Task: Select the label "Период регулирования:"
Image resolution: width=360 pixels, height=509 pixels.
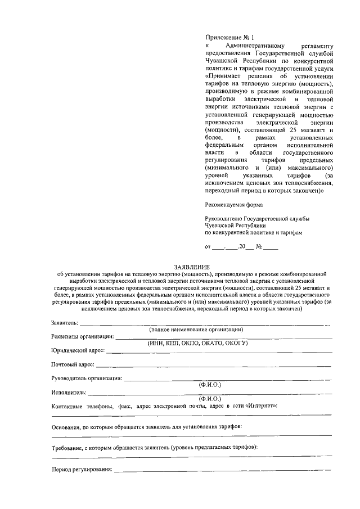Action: (x=82, y=469)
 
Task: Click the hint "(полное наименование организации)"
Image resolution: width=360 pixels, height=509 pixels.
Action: (x=196, y=330)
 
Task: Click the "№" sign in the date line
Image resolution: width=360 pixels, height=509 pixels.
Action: (x=259, y=246)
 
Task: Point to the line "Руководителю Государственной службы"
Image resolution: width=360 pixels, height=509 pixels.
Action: (x=256, y=218)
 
